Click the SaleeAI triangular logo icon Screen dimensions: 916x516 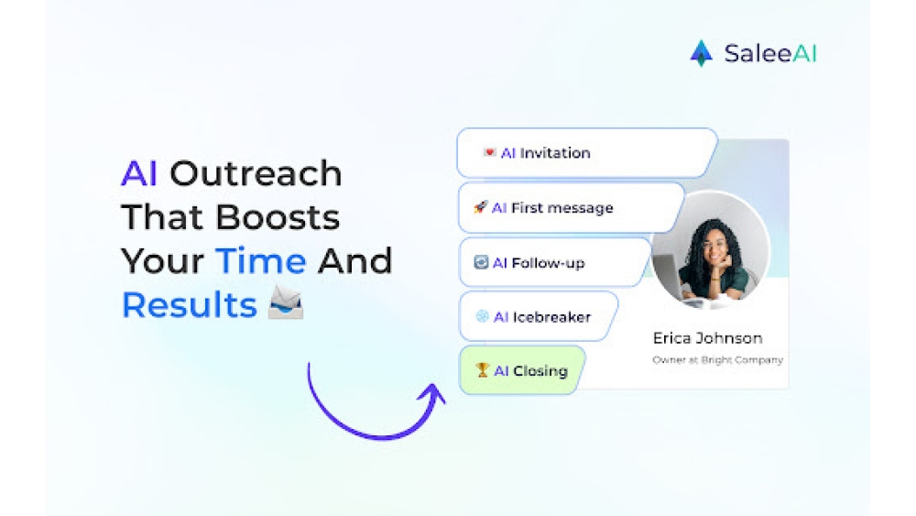tap(701, 53)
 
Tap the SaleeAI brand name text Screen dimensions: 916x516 tap(770, 53)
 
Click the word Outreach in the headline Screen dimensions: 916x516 tap(256, 173)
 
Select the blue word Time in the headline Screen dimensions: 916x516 tap(260, 260)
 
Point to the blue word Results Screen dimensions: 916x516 tap(190, 305)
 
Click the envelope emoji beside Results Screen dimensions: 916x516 tap(286, 302)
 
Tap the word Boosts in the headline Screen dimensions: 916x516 tap(278, 217)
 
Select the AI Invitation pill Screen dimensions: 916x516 tap(586, 153)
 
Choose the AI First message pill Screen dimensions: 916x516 tap(571, 208)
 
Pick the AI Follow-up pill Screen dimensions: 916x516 tap(554, 263)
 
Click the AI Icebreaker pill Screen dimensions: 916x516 tap(538, 317)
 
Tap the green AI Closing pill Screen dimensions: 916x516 tap(522, 370)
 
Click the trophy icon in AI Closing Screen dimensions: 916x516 tap(482, 370)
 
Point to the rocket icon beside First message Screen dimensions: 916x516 tap(480, 207)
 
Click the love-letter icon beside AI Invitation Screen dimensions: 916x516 tap(489, 152)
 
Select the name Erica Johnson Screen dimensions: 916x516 tap(707, 338)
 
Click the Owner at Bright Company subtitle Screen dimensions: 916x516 tap(717, 360)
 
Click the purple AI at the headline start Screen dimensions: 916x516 tap(139, 173)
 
